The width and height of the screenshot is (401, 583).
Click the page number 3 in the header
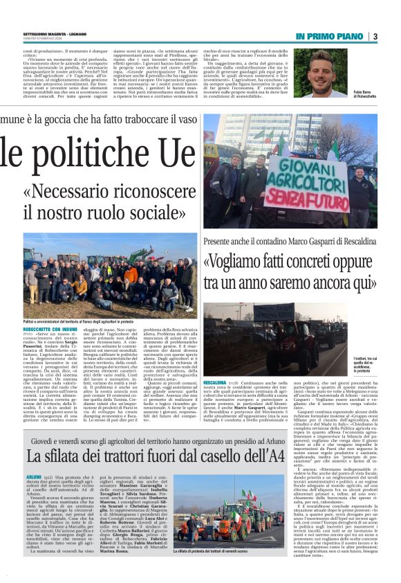point(375,36)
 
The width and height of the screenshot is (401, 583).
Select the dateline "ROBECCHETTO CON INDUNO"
point(46,330)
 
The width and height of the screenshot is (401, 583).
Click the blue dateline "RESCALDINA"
point(216,363)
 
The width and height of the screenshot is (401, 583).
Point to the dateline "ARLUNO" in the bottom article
point(34,477)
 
